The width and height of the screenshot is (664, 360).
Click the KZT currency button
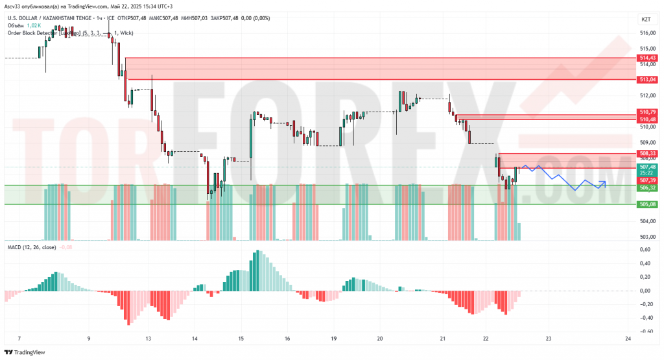tap(646, 20)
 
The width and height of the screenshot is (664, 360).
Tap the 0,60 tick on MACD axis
tap(646, 250)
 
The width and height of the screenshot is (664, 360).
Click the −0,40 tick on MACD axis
tap(645, 318)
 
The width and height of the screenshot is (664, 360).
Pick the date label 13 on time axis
tap(148, 339)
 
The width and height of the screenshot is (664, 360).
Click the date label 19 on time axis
tap(334, 339)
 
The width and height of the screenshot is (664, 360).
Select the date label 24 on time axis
tap(627, 339)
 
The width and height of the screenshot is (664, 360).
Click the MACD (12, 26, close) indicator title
tap(32, 247)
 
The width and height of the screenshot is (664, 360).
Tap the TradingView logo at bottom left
tap(26, 352)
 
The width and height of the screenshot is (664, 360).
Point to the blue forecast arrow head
tap(604, 183)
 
